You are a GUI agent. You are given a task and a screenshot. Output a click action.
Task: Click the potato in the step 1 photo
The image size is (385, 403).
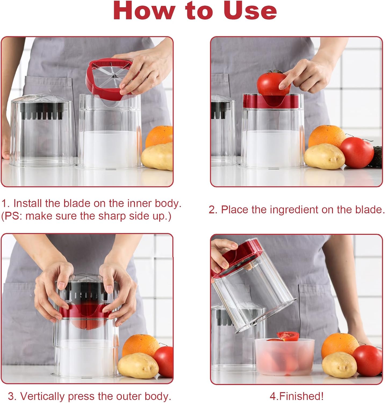[157, 156]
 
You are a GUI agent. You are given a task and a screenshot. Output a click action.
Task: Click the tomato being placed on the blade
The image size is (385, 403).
[274, 85]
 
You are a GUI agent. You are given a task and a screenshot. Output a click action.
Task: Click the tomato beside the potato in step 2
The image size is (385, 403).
[357, 152]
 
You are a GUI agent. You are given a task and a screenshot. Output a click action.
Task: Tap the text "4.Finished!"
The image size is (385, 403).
[297, 396]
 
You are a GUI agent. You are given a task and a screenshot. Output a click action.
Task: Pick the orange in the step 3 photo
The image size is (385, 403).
[140, 346]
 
